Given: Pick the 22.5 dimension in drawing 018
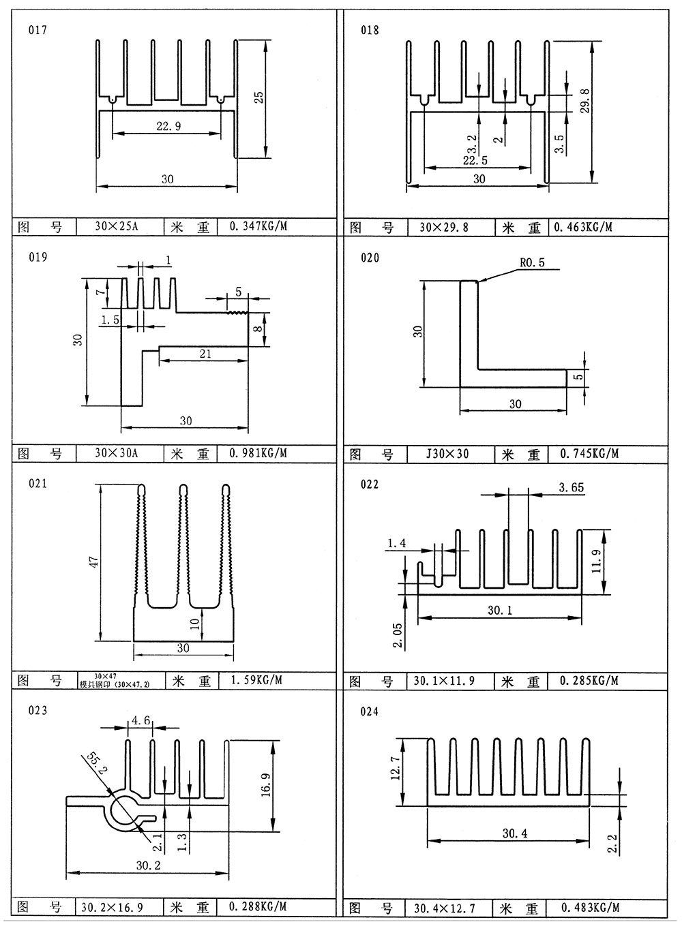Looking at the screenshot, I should (x=475, y=161).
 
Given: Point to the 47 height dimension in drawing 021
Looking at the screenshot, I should (x=94, y=562).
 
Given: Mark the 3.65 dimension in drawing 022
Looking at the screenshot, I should (x=570, y=487).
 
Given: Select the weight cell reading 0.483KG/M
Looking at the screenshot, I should (x=590, y=907).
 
